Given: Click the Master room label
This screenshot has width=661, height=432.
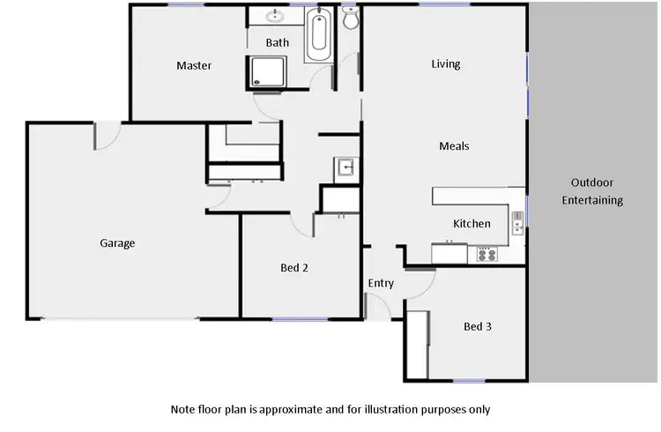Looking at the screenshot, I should pyautogui.click(x=194, y=65).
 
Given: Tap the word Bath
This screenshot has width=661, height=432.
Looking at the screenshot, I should pyautogui.click(x=278, y=41).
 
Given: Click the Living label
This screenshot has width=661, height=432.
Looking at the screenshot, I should pyautogui.click(x=446, y=63).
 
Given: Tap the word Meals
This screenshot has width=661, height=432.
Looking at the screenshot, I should pyautogui.click(x=454, y=146).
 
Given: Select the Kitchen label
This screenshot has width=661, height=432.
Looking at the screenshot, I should pyautogui.click(x=472, y=224).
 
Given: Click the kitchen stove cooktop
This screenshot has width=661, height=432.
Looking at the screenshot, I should pyautogui.click(x=486, y=254).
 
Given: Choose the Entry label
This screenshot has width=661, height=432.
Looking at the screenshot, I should pyautogui.click(x=381, y=283).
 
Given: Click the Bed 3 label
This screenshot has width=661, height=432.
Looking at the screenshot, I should pyautogui.click(x=477, y=326).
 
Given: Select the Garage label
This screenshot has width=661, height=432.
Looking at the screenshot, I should pyautogui.click(x=117, y=243).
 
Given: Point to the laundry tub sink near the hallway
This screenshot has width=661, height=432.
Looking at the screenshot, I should pyautogui.click(x=345, y=167).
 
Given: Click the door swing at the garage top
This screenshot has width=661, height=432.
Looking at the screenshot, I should pyautogui.click(x=107, y=135).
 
